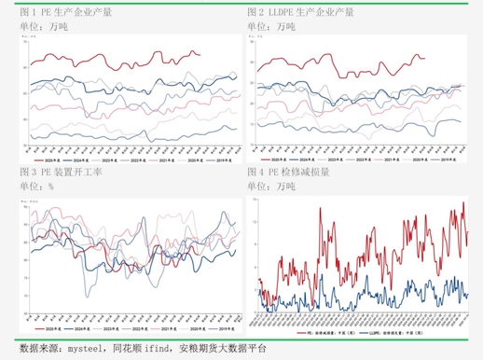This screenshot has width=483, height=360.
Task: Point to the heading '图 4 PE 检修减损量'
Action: pos(288,173)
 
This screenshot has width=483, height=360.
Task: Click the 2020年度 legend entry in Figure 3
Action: pos(193,329)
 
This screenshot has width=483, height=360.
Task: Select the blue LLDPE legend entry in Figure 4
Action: pos(392,330)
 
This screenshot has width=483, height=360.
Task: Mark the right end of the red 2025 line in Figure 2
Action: pos(425,58)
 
